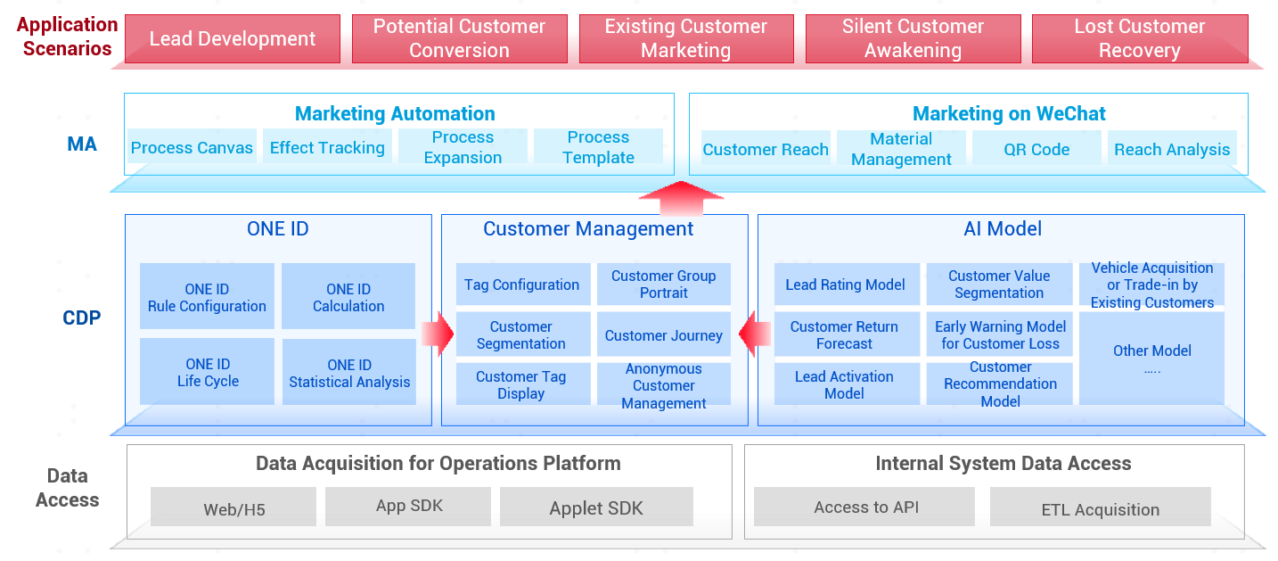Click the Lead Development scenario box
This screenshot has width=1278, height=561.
[233, 39]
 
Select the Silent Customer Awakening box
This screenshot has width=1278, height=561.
[913, 39]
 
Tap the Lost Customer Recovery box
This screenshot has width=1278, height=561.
[1140, 39]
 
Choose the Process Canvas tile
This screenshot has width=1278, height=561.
[192, 146]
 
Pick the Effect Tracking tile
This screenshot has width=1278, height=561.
[327, 146]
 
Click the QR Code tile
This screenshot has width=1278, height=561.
[1036, 148]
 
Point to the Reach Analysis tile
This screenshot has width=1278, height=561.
[1172, 148]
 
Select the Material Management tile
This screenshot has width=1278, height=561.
[901, 148]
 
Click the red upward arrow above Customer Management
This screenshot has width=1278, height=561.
[681, 199]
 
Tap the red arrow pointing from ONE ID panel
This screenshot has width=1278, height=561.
[438, 334]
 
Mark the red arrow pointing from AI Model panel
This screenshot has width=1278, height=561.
[754, 334]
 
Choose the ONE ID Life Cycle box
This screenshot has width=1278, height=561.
[207, 372]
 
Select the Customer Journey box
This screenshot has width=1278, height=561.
[664, 334]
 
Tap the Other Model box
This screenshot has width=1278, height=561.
[1152, 359]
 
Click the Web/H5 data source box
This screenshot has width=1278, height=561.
[233, 507]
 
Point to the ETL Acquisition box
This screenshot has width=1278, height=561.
[1100, 507]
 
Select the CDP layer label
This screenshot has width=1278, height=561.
[82, 318]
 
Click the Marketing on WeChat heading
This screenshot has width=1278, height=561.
[1009, 113]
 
